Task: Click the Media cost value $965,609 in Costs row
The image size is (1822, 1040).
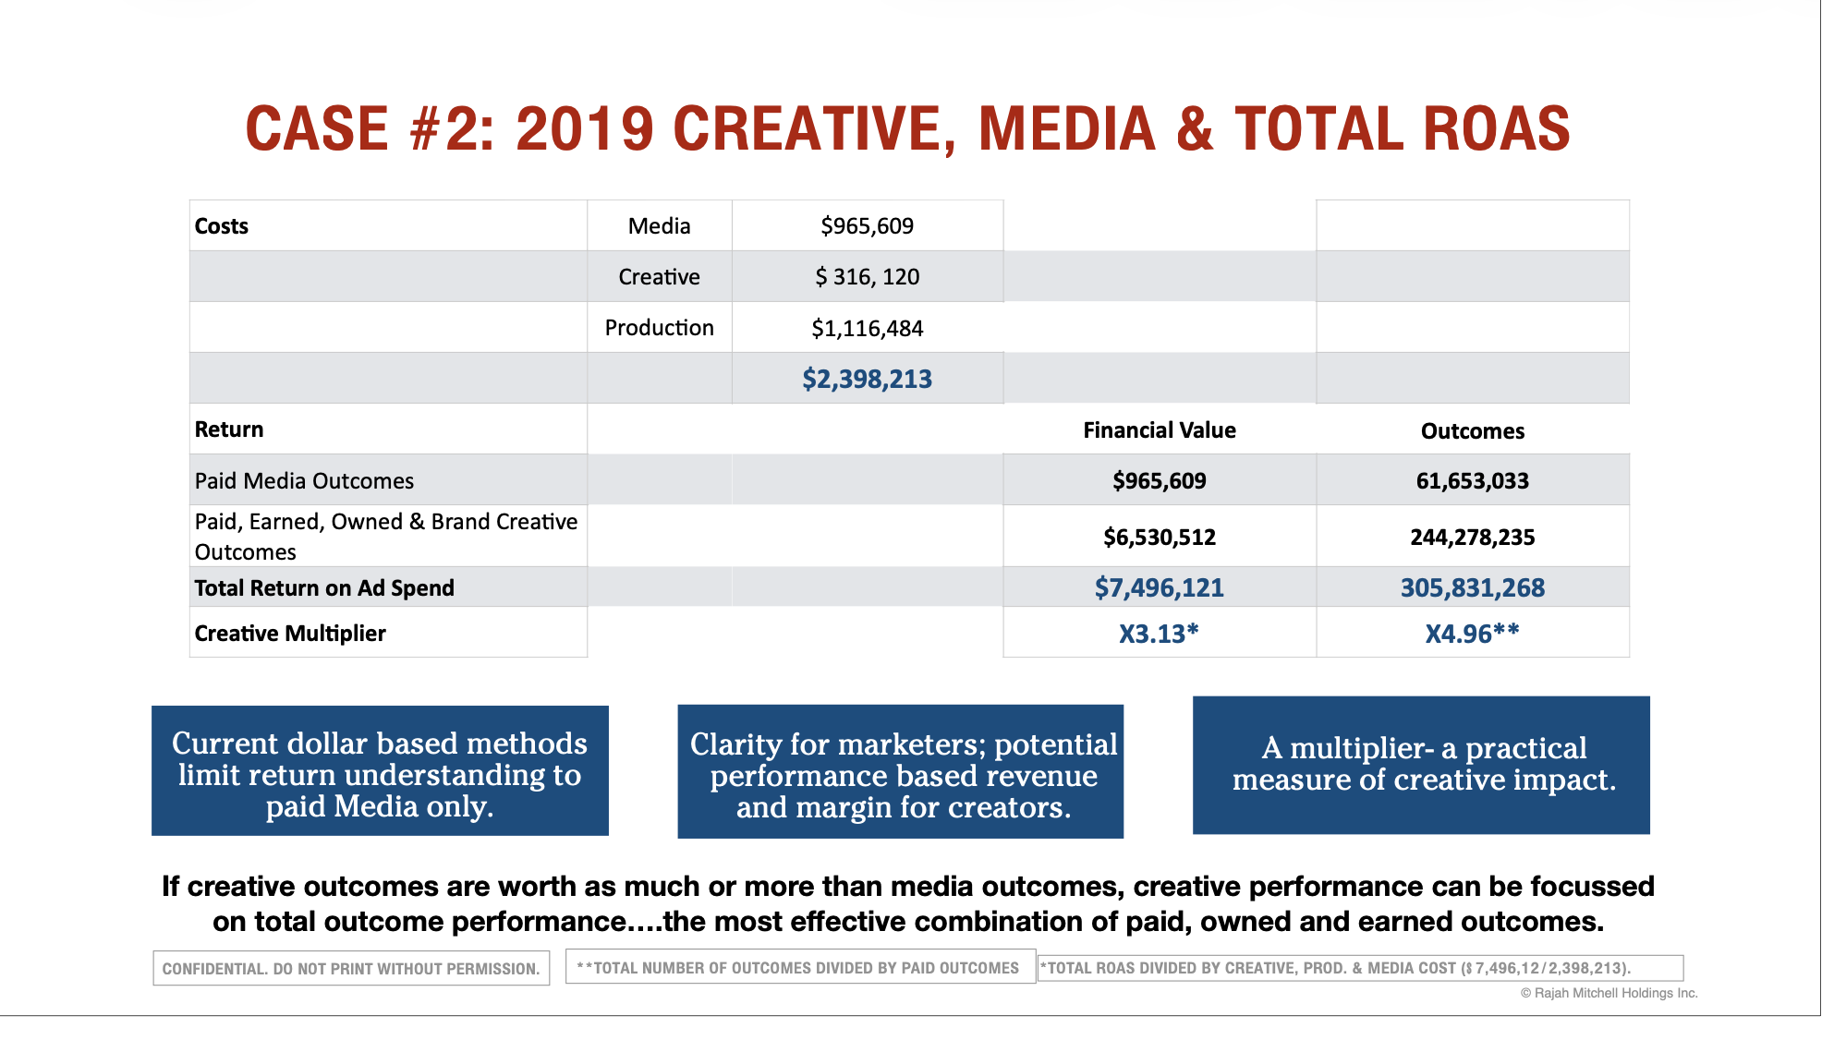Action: pyautogui.click(x=867, y=226)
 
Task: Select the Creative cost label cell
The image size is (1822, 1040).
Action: pyautogui.click(x=659, y=277)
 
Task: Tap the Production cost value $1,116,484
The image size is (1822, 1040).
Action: pyautogui.click(x=867, y=329)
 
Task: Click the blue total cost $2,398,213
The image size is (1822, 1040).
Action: pyautogui.click(x=867, y=380)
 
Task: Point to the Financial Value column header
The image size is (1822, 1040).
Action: pyautogui.click(x=1159, y=430)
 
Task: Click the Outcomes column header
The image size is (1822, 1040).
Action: pyautogui.click(x=1472, y=431)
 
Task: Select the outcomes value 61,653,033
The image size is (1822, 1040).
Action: pyautogui.click(x=1472, y=481)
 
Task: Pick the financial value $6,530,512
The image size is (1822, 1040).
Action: pyautogui.click(x=1159, y=538)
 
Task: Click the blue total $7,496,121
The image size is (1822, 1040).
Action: pyautogui.click(x=1159, y=588)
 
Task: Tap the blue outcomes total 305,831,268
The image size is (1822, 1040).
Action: pyautogui.click(x=1472, y=588)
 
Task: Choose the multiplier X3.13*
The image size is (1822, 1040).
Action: pyautogui.click(x=1159, y=634)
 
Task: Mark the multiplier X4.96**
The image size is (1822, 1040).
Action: pyautogui.click(x=1472, y=634)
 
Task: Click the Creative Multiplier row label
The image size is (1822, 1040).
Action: pyautogui.click(x=290, y=634)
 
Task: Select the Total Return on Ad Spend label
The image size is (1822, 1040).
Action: pyautogui.click(x=324, y=588)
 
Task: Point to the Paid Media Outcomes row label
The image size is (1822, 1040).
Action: pyautogui.click(x=304, y=481)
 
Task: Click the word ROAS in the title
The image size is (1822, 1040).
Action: pyautogui.click(x=1496, y=129)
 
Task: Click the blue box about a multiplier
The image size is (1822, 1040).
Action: pyautogui.click(x=1421, y=766)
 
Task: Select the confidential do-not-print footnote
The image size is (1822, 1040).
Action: pyautogui.click(x=351, y=969)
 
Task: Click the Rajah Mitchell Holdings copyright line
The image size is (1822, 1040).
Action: pyautogui.click(x=1609, y=993)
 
